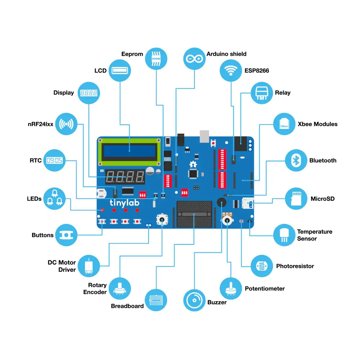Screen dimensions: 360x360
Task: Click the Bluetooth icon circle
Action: coord(296,161)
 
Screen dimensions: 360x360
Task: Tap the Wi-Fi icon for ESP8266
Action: coord(231,71)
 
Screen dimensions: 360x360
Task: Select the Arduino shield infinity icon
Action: coord(194,58)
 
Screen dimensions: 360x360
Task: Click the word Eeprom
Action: coord(132,54)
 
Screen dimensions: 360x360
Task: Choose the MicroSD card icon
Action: coord(296,199)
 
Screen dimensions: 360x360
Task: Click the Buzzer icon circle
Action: coord(194,300)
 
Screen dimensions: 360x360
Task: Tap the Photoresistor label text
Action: coord(295,266)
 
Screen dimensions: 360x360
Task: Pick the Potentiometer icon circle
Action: coord(231,289)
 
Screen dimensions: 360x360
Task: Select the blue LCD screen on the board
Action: coord(129,151)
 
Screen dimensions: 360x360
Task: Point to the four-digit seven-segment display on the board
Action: coord(125,177)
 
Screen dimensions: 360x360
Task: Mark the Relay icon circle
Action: coord(262,93)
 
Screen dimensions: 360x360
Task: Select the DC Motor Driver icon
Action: coord(89,266)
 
